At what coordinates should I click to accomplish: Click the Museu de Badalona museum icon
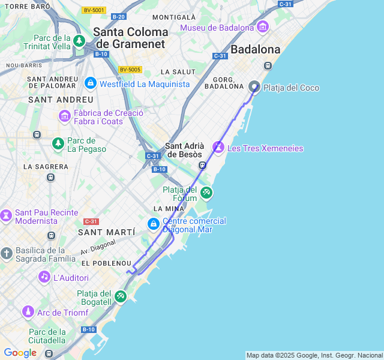tap(262, 27)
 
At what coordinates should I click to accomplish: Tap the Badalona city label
tap(256, 49)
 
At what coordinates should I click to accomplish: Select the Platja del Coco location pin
tap(254, 87)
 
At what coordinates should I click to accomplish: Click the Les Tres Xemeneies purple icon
tap(219, 148)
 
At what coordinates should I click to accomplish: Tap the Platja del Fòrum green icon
tap(206, 193)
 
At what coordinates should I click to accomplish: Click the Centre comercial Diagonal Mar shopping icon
tap(154, 224)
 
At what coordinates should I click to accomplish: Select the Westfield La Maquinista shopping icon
tap(90, 83)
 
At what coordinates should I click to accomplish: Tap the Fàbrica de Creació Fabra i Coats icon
tap(65, 116)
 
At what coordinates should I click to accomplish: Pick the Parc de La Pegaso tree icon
tap(58, 143)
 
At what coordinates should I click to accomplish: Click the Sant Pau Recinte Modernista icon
tap(6, 215)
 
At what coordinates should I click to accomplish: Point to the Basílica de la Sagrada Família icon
tap(7, 253)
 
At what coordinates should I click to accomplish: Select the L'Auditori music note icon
tap(44, 277)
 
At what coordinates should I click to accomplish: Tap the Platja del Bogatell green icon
tap(121, 296)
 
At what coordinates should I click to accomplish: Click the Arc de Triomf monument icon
tap(28, 312)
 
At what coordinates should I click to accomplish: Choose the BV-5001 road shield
tap(94, 10)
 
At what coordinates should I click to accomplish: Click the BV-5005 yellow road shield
tap(130, 70)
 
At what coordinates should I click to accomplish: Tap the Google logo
tap(20, 353)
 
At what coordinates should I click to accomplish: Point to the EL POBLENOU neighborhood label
tap(106, 263)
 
